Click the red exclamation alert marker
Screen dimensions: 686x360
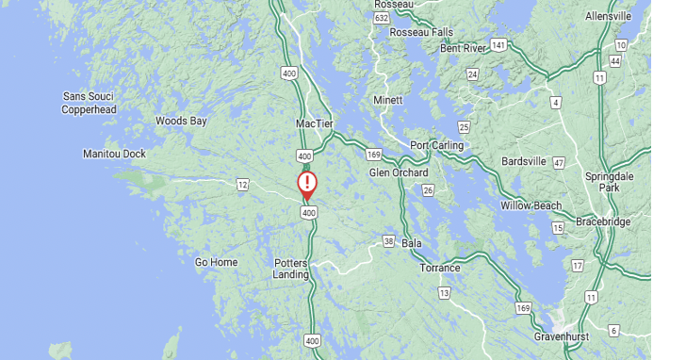307,183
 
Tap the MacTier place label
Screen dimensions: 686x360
315,123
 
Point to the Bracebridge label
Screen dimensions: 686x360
603,221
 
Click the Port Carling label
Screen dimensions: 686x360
436,145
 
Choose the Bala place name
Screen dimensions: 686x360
411,242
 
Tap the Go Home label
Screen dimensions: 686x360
216,262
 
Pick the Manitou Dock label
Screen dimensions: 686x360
114,154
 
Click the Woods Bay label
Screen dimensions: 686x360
181,121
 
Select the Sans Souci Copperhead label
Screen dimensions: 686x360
89,103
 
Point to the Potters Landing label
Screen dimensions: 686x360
291,269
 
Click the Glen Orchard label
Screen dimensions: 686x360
399,172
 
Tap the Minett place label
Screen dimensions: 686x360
387,100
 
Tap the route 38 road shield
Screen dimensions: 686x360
389,241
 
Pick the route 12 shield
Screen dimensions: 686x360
243,183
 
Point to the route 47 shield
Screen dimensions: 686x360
558,163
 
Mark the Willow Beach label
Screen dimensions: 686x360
531,205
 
